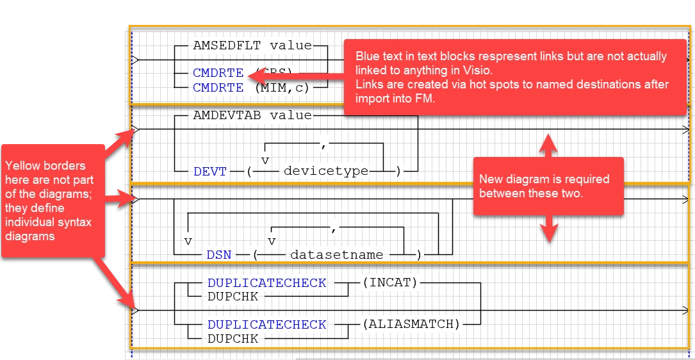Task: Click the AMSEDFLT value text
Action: (x=252, y=46)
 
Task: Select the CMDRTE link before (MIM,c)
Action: (x=218, y=88)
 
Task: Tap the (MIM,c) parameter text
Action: (x=282, y=88)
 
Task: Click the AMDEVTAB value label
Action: (x=252, y=116)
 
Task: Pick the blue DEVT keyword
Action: (x=210, y=172)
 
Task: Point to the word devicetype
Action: (x=326, y=171)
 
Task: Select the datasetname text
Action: (x=337, y=255)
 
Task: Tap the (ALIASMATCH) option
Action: (x=411, y=324)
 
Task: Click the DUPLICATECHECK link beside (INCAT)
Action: (x=267, y=282)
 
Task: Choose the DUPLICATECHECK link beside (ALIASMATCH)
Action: (x=267, y=324)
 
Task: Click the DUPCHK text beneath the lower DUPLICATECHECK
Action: (x=233, y=338)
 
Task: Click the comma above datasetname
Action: (x=334, y=228)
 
